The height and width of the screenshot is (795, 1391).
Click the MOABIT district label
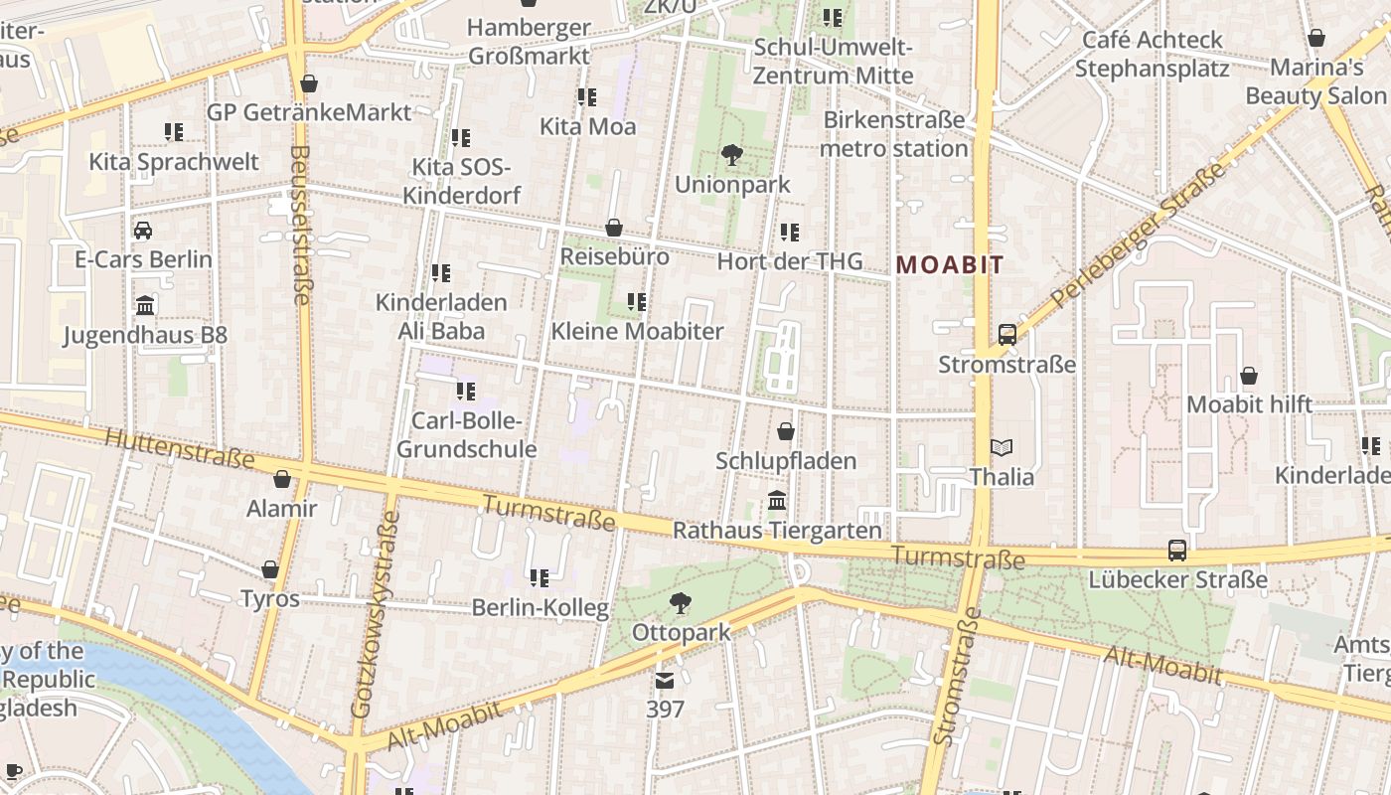(x=950, y=265)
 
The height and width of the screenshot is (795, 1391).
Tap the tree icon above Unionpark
(x=732, y=155)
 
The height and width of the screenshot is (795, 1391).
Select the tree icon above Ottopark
(x=681, y=602)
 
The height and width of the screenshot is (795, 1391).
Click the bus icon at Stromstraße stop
(x=1006, y=334)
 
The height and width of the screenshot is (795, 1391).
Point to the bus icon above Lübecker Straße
(x=1177, y=550)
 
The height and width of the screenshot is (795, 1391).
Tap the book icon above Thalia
(x=1002, y=448)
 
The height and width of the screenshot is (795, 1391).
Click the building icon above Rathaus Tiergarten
(x=777, y=500)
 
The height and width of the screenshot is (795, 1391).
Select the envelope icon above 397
(x=664, y=681)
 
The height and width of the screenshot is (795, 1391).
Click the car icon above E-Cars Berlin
(x=143, y=231)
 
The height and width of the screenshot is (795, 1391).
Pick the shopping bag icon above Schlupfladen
(x=786, y=431)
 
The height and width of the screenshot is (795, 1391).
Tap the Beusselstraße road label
(x=301, y=224)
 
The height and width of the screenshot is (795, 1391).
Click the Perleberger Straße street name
(x=1139, y=235)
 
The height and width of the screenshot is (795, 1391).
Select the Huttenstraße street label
(x=179, y=448)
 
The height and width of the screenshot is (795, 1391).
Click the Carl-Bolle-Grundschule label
(x=467, y=435)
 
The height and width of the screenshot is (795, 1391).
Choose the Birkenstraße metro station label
(x=894, y=134)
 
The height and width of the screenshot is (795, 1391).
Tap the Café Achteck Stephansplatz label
(x=1152, y=54)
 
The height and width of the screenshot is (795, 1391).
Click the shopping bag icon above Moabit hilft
(x=1249, y=376)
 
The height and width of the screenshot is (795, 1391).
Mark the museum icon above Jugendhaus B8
(x=145, y=305)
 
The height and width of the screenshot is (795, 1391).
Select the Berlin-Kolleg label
(x=540, y=607)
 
